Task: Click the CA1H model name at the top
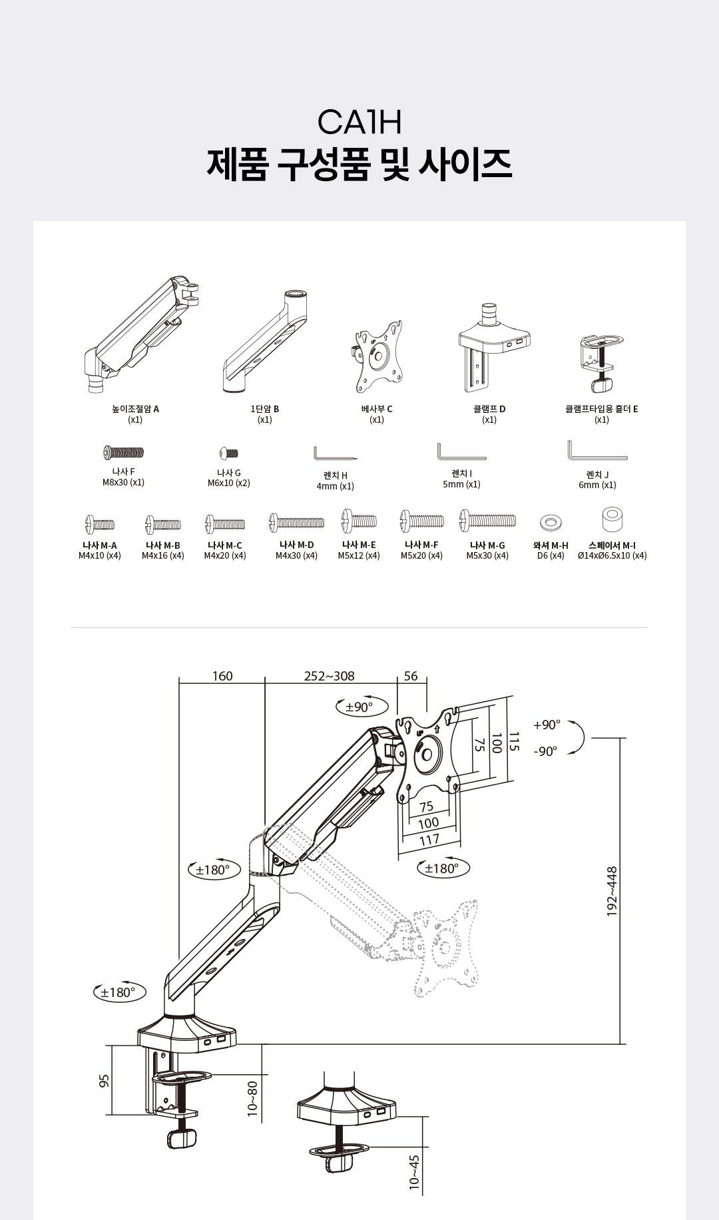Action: (359, 123)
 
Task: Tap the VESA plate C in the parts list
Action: (378, 358)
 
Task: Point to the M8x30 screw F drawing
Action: (123, 453)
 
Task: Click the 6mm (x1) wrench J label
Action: (597, 485)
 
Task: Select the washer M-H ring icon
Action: (550, 521)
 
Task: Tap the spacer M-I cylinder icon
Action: (612, 519)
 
